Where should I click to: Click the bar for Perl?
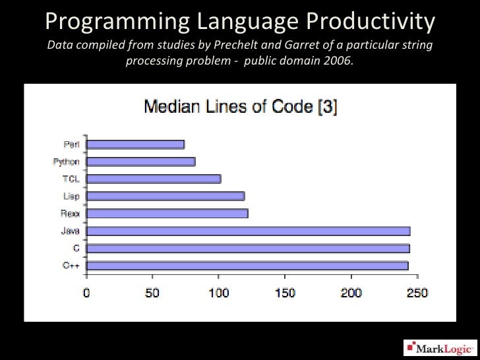pos(135,144)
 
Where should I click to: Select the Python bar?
pos(140,162)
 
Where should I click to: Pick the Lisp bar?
pos(165,196)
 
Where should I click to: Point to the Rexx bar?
pos(167,213)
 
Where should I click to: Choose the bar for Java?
pos(248,231)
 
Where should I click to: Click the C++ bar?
pos(247,265)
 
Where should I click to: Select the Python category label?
pos(66,162)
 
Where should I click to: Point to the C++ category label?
pos(71,265)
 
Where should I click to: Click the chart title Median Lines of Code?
pos(240,106)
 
